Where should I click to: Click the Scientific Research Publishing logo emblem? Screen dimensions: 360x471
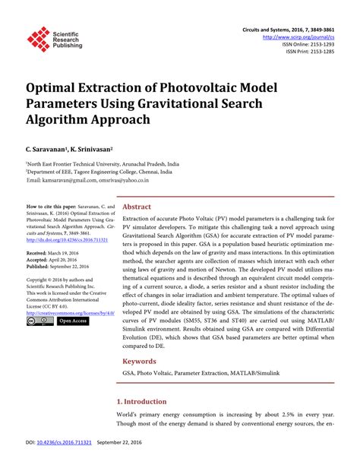coord(37,39)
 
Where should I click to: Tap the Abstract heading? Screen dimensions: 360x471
coord(137,207)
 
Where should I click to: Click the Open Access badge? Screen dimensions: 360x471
coord(73,321)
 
